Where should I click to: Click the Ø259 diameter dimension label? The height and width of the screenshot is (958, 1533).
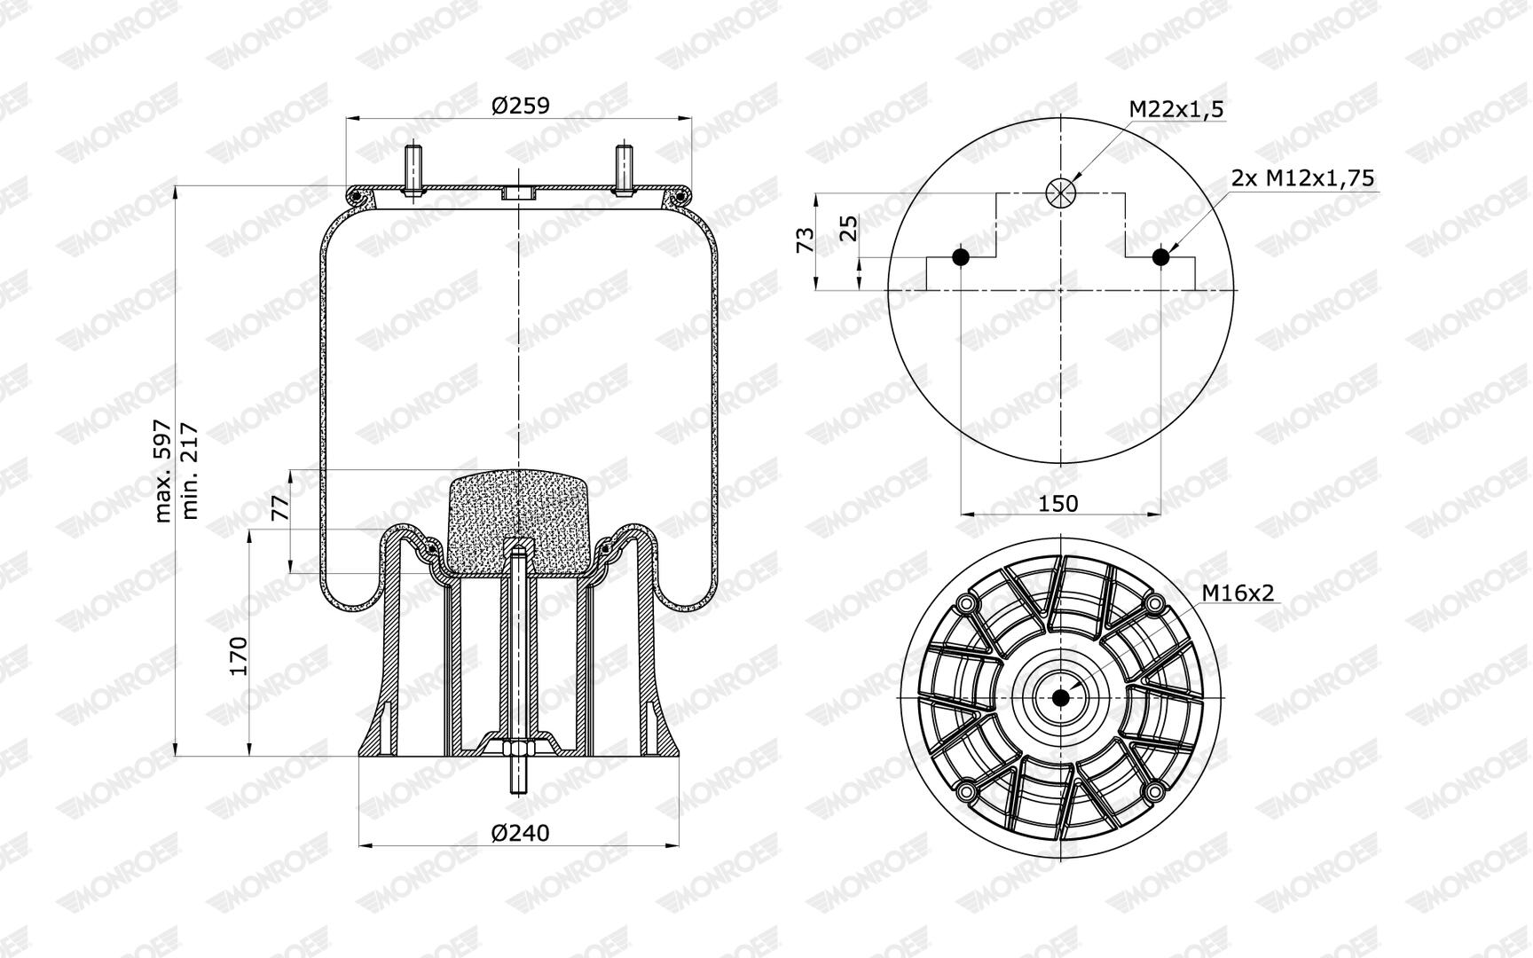point(520,106)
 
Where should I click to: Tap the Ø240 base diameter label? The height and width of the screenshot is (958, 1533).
point(520,833)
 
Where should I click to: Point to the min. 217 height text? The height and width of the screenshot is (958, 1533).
point(189,471)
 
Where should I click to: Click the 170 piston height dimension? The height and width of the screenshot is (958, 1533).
point(238,656)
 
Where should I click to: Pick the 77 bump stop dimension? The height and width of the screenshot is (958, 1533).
point(279,507)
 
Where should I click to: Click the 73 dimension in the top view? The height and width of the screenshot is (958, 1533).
point(806,240)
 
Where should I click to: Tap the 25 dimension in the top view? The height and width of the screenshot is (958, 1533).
point(849,228)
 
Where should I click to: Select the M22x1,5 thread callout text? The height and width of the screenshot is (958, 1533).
point(1176,109)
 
